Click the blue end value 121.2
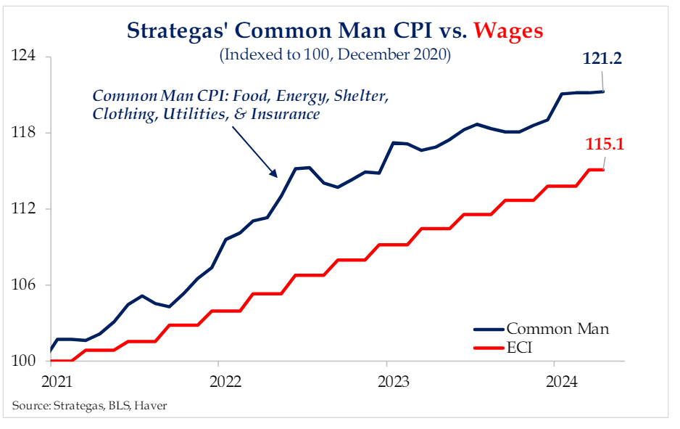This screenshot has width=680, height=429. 602,59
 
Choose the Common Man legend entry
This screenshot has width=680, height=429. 557,329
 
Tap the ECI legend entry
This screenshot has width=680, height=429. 520,348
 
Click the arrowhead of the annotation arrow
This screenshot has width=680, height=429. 275,175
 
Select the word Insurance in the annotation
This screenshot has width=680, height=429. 288,115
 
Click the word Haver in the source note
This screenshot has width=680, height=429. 153,405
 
